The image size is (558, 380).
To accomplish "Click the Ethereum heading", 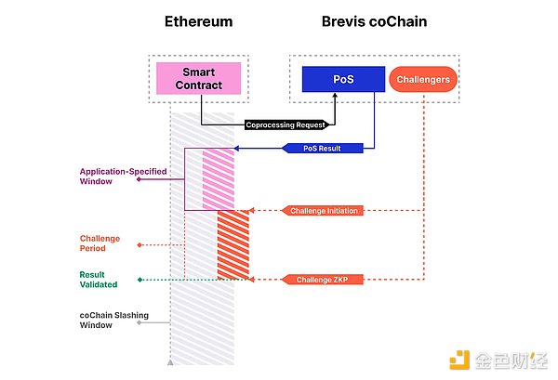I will point(198,21).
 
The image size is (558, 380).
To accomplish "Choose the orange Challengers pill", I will point(424,80).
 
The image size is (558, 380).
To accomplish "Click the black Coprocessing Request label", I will point(286,124).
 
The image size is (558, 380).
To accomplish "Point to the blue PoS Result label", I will point(325,149).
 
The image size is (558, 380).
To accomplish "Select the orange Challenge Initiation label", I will point(325,211).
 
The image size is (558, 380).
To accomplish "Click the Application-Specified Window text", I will point(108,177).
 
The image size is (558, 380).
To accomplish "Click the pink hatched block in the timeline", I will point(218,178).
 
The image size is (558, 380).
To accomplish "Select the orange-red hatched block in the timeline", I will point(232,244).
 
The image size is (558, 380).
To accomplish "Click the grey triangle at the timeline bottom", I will point(169,360).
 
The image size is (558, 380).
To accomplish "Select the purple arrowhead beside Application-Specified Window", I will point(139,178).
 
